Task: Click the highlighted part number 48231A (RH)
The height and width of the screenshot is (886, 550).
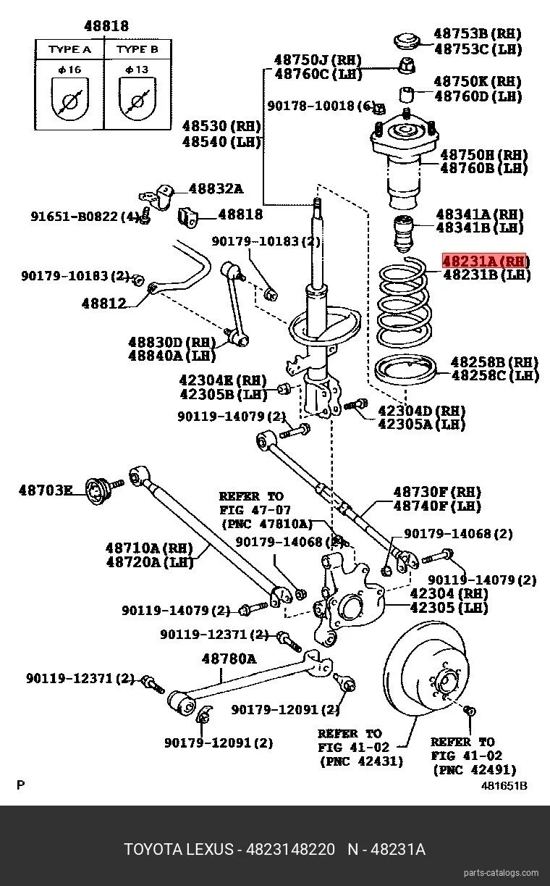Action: (485, 261)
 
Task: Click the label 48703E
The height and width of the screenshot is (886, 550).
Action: (46, 490)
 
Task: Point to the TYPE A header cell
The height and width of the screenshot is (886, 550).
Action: (69, 49)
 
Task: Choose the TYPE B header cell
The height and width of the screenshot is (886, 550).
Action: (137, 49)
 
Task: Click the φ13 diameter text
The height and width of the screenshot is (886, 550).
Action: (137, 70)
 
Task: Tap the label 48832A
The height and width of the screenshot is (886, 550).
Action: (216, 188)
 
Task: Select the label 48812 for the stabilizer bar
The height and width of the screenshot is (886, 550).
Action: (104, 304)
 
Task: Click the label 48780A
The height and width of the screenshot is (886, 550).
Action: (229, 659)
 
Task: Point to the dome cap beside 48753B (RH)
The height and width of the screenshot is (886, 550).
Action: (406, 41)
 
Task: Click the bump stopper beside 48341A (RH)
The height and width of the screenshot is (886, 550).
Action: (403, 233)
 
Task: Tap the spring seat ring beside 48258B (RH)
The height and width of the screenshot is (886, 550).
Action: (405, 369)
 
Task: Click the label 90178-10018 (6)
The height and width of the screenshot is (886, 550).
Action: (321, 106)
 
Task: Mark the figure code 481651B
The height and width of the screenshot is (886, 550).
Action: (504, 785)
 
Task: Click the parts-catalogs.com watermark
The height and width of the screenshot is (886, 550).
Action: (501, 872)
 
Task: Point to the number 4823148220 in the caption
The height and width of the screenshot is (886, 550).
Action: (290, 849)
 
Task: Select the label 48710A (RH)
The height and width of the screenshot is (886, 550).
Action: (149, 548)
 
